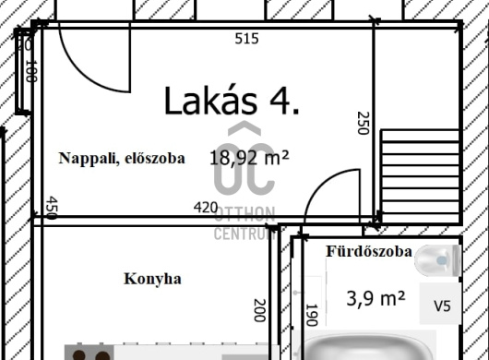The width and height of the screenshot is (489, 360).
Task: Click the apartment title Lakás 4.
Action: (232, 101)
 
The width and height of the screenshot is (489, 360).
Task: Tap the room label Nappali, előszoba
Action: (122, 158)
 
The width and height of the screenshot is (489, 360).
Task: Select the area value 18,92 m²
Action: (249, 158)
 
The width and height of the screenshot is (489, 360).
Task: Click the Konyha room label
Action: (152, 279)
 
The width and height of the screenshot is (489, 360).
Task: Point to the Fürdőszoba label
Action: (369, 251)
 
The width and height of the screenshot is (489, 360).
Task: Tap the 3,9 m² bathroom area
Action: (376, 298)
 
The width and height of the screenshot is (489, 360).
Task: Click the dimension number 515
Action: (246, 39)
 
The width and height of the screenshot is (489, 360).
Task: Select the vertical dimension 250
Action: (363, 123)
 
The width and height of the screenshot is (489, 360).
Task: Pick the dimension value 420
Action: (206, 208)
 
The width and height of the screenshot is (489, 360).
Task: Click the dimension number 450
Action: (52, 208)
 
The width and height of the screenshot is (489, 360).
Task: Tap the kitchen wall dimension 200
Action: (260, 310)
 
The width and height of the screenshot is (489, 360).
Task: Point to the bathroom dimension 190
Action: (312, 315)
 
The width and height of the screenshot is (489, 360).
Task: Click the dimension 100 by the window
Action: (31, 71)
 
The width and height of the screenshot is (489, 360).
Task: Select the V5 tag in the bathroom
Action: (442, 306)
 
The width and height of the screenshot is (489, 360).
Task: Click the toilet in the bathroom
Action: (437, 260)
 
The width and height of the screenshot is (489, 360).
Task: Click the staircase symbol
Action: (420, 175)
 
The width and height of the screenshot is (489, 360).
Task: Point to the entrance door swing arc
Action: (92, 76)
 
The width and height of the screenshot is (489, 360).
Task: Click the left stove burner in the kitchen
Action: (79, 355)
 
